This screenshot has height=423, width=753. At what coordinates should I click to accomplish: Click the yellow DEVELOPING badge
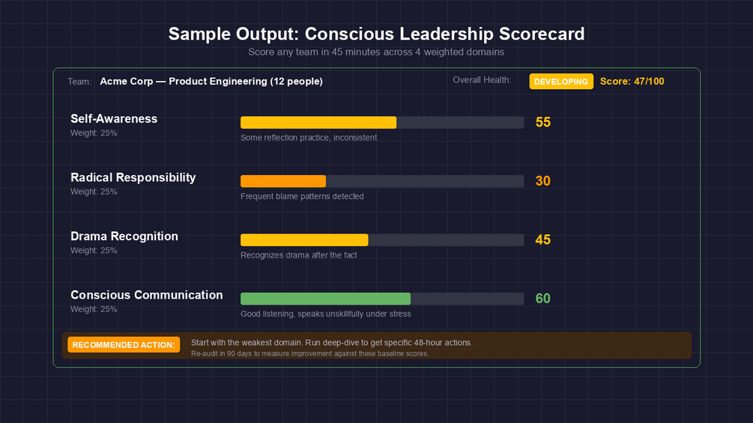click(561, 82)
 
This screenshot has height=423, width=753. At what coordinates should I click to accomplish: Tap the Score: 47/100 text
click(632, 82)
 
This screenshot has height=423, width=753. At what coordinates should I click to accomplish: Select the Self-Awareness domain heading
click(114, 118)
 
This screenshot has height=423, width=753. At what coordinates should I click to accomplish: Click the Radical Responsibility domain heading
click(133, 177)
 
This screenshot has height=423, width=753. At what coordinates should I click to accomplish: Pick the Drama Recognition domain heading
click(124, 236)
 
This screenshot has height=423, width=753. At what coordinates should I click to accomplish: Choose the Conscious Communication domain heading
click(146, 295)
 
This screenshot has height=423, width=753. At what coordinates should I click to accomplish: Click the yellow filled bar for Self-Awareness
click(318, 123)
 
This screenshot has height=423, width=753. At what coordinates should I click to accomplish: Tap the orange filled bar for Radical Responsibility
click(283, 181)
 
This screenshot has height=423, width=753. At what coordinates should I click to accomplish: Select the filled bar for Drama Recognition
click(304, 240)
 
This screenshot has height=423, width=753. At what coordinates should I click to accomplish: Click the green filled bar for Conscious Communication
click(325, 299)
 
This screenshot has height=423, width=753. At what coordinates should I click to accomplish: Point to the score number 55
click(543, 122)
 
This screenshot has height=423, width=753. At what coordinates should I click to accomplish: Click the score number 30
click(543, 181)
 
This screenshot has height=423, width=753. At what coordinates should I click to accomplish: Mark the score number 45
click(543, 240)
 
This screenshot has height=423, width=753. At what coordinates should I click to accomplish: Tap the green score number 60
click(543, 299)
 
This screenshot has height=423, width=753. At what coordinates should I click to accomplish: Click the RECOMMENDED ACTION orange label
click(124, 344)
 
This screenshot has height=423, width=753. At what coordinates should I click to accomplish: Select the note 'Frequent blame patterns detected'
click(302, 196)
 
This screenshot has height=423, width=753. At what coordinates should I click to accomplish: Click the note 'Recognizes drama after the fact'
click(299, 255)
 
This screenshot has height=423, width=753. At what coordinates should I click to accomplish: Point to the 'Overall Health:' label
click(482, 80)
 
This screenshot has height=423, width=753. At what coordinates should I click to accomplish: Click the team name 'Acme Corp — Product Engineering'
click(183, 81)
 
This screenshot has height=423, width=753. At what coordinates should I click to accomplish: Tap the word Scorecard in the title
click(539, 34)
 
